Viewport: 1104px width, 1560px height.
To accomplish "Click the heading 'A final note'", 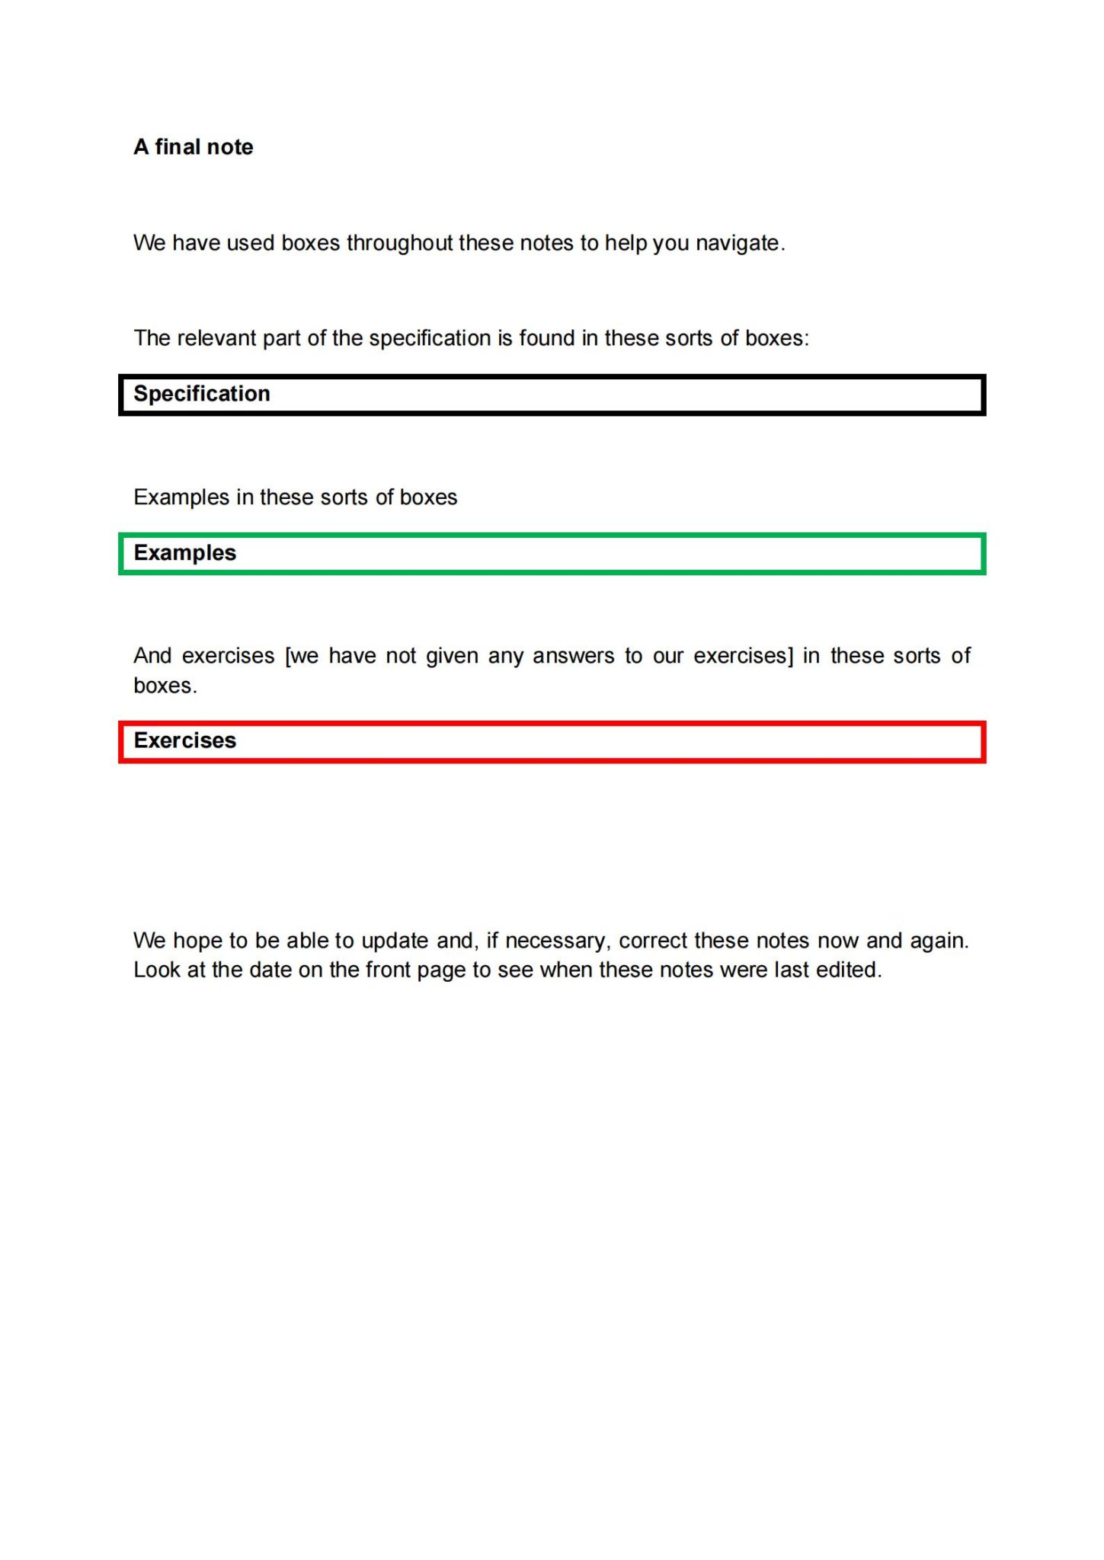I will [x=193, y=146].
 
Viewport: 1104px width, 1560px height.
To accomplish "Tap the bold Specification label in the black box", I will [x=202, y=394].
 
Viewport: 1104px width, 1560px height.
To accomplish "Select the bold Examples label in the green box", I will [x=185, y=553].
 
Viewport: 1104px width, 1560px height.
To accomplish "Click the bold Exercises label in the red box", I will [x=185, y=740].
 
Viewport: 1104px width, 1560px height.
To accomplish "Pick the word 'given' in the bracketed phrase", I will [x=452, y=657].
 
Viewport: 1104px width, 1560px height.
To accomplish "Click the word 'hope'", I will [x=197, y=941].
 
